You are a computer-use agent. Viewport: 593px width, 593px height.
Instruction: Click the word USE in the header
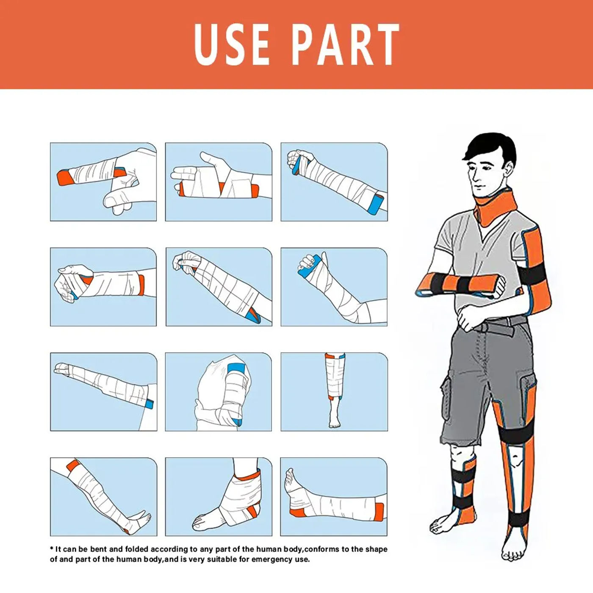pyautogui.click(x=232, y=44)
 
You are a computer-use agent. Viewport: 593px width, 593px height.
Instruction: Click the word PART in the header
pyautogui.click(x=345, y=44)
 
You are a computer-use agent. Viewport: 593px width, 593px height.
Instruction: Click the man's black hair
pyautogui.click(x=491, y=146)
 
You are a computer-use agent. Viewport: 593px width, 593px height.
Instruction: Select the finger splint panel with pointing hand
pyautogui.click(x=103, y=182)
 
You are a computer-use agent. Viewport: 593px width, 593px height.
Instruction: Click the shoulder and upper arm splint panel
pyautogui.click(x=219, y=392)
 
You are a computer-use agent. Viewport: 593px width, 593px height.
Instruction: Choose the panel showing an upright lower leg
pyautogui.click(x=334, y=392)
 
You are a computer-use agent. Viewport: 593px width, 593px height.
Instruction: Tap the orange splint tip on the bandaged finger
pyautogui.click(x=64, y=177)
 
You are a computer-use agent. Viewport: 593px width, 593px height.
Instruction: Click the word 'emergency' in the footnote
pyautogui.click(x=265, y=559)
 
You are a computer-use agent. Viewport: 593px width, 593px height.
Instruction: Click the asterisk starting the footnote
pyautogui.click(x=52, y=549)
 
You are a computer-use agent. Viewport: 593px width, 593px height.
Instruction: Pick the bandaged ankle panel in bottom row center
pyautogui.click(x=219, y=496)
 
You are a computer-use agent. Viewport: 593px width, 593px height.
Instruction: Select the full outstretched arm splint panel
pyautogui.click(x=103, y=392)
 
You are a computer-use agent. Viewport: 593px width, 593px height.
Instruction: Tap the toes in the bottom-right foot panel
pyautogui.click(x=289, y=475)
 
